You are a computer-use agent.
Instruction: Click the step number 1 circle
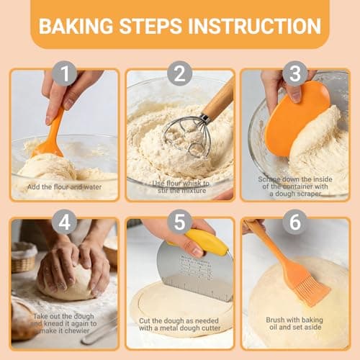click(x=65, y=74)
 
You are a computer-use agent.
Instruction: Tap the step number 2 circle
click(x=179, y=74)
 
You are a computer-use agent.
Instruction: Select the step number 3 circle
click(x=294, y=74)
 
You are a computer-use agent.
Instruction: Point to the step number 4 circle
click(x=65, y=222)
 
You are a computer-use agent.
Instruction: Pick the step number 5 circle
click(x=179, y=222)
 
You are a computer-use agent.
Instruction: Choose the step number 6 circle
click(x=294, y=222)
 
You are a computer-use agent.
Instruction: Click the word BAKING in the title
click(x=74, y=27)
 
